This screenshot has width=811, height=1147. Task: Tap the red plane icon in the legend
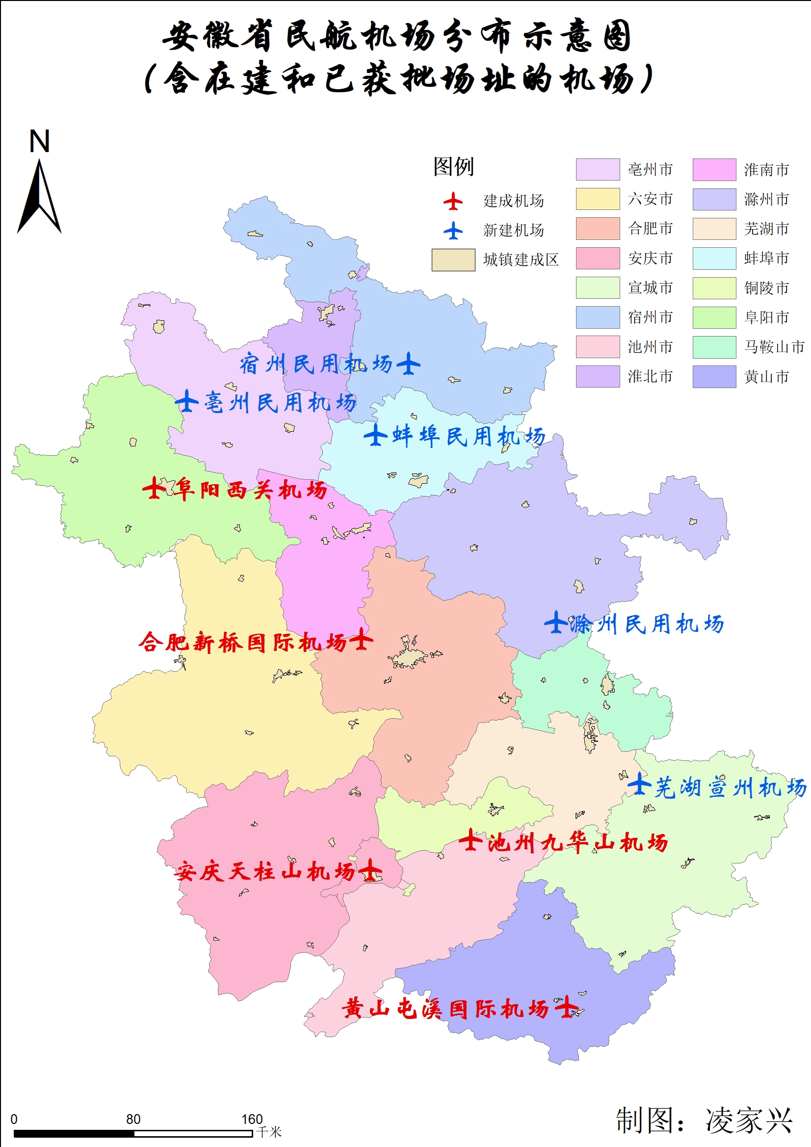(x=453, y=201)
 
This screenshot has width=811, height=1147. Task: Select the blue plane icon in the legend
(x=453, y=231)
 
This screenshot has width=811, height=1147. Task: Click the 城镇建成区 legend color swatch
(x=453, y=260)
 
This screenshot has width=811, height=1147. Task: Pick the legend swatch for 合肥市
(x=597, y=228)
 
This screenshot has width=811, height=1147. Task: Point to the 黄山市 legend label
(x=766, y=377)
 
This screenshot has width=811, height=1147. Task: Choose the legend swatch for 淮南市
(x=713, y=169)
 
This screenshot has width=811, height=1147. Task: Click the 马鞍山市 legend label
(x=774, y=347)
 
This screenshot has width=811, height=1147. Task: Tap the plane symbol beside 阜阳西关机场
(x=154, y=488)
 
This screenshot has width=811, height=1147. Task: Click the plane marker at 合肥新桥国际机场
(x=361, y=639)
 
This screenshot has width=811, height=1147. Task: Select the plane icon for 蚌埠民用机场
(x=375, y=435)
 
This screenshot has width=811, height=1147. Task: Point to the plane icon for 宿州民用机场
(x=408, y=363)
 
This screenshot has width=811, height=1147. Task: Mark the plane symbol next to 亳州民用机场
(x=186, y=401)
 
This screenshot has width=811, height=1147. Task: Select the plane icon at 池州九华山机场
(x=470, y=840)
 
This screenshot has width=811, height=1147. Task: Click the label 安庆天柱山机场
(x=265, y=872)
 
